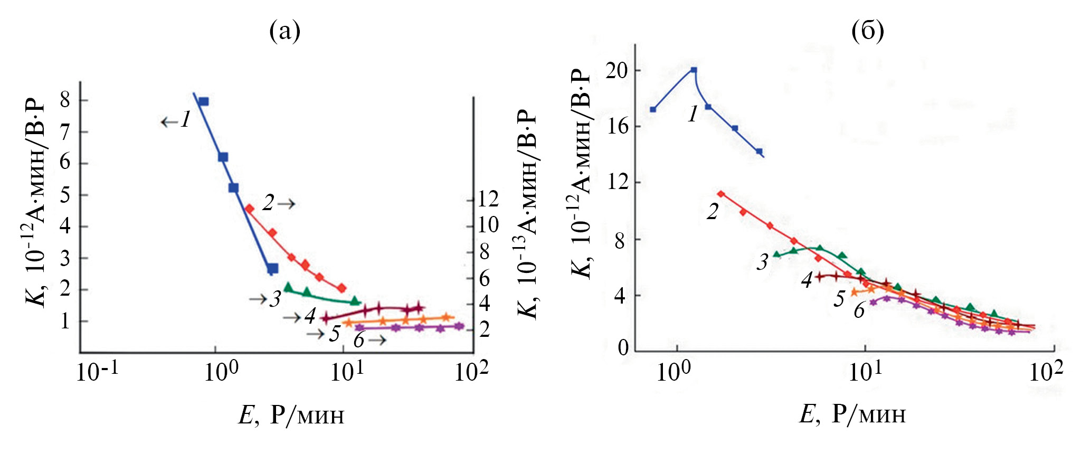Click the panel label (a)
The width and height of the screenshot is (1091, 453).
284,31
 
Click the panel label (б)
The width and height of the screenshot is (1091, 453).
867,31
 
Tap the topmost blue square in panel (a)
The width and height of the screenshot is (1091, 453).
204,101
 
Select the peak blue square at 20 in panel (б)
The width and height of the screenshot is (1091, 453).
694,70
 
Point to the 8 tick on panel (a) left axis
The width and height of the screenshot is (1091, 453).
65,100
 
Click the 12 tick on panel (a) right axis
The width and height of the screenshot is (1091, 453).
488,200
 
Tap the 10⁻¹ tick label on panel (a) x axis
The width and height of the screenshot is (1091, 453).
97,372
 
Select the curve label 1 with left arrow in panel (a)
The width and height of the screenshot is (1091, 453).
177,120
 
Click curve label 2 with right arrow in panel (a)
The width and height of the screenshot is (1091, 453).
278,203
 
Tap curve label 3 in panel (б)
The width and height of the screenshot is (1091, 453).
762,262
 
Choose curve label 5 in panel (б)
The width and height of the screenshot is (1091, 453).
839,299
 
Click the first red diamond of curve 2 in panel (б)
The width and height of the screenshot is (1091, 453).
721,194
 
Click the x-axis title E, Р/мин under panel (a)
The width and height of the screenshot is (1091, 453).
291,415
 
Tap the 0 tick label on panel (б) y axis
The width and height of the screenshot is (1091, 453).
623,348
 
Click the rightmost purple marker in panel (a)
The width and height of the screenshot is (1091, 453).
459,326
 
